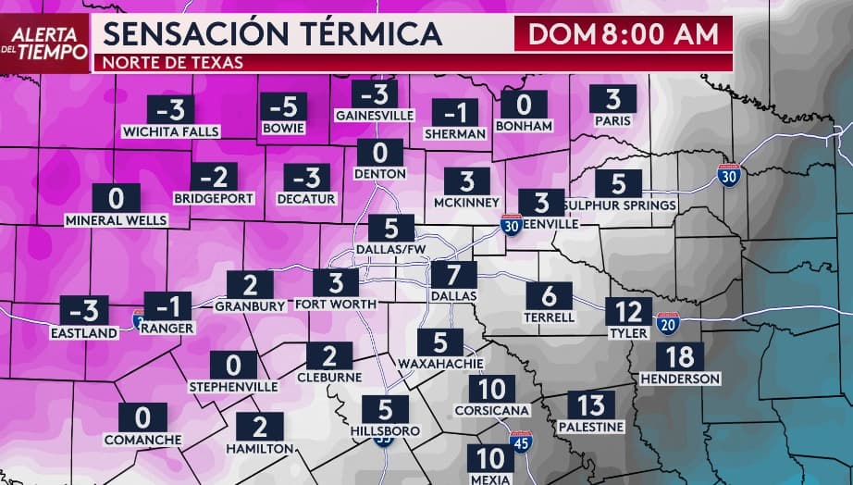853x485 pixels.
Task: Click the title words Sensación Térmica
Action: point(271,34)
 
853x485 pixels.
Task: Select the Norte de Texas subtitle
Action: point(173,64)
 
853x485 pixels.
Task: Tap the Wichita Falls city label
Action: point(171,132)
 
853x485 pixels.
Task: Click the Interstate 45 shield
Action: point(521,442)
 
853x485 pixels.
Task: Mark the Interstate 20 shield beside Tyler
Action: point(667,323)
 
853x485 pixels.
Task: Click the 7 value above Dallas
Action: point(453,276)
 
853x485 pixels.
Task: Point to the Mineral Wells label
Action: point(117,221)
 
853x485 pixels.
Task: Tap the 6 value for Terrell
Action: point(550,296)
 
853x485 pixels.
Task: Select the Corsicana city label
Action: point(492,410)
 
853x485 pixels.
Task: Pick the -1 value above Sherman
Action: point(455,113)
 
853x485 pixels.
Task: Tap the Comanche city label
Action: point(137,439)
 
